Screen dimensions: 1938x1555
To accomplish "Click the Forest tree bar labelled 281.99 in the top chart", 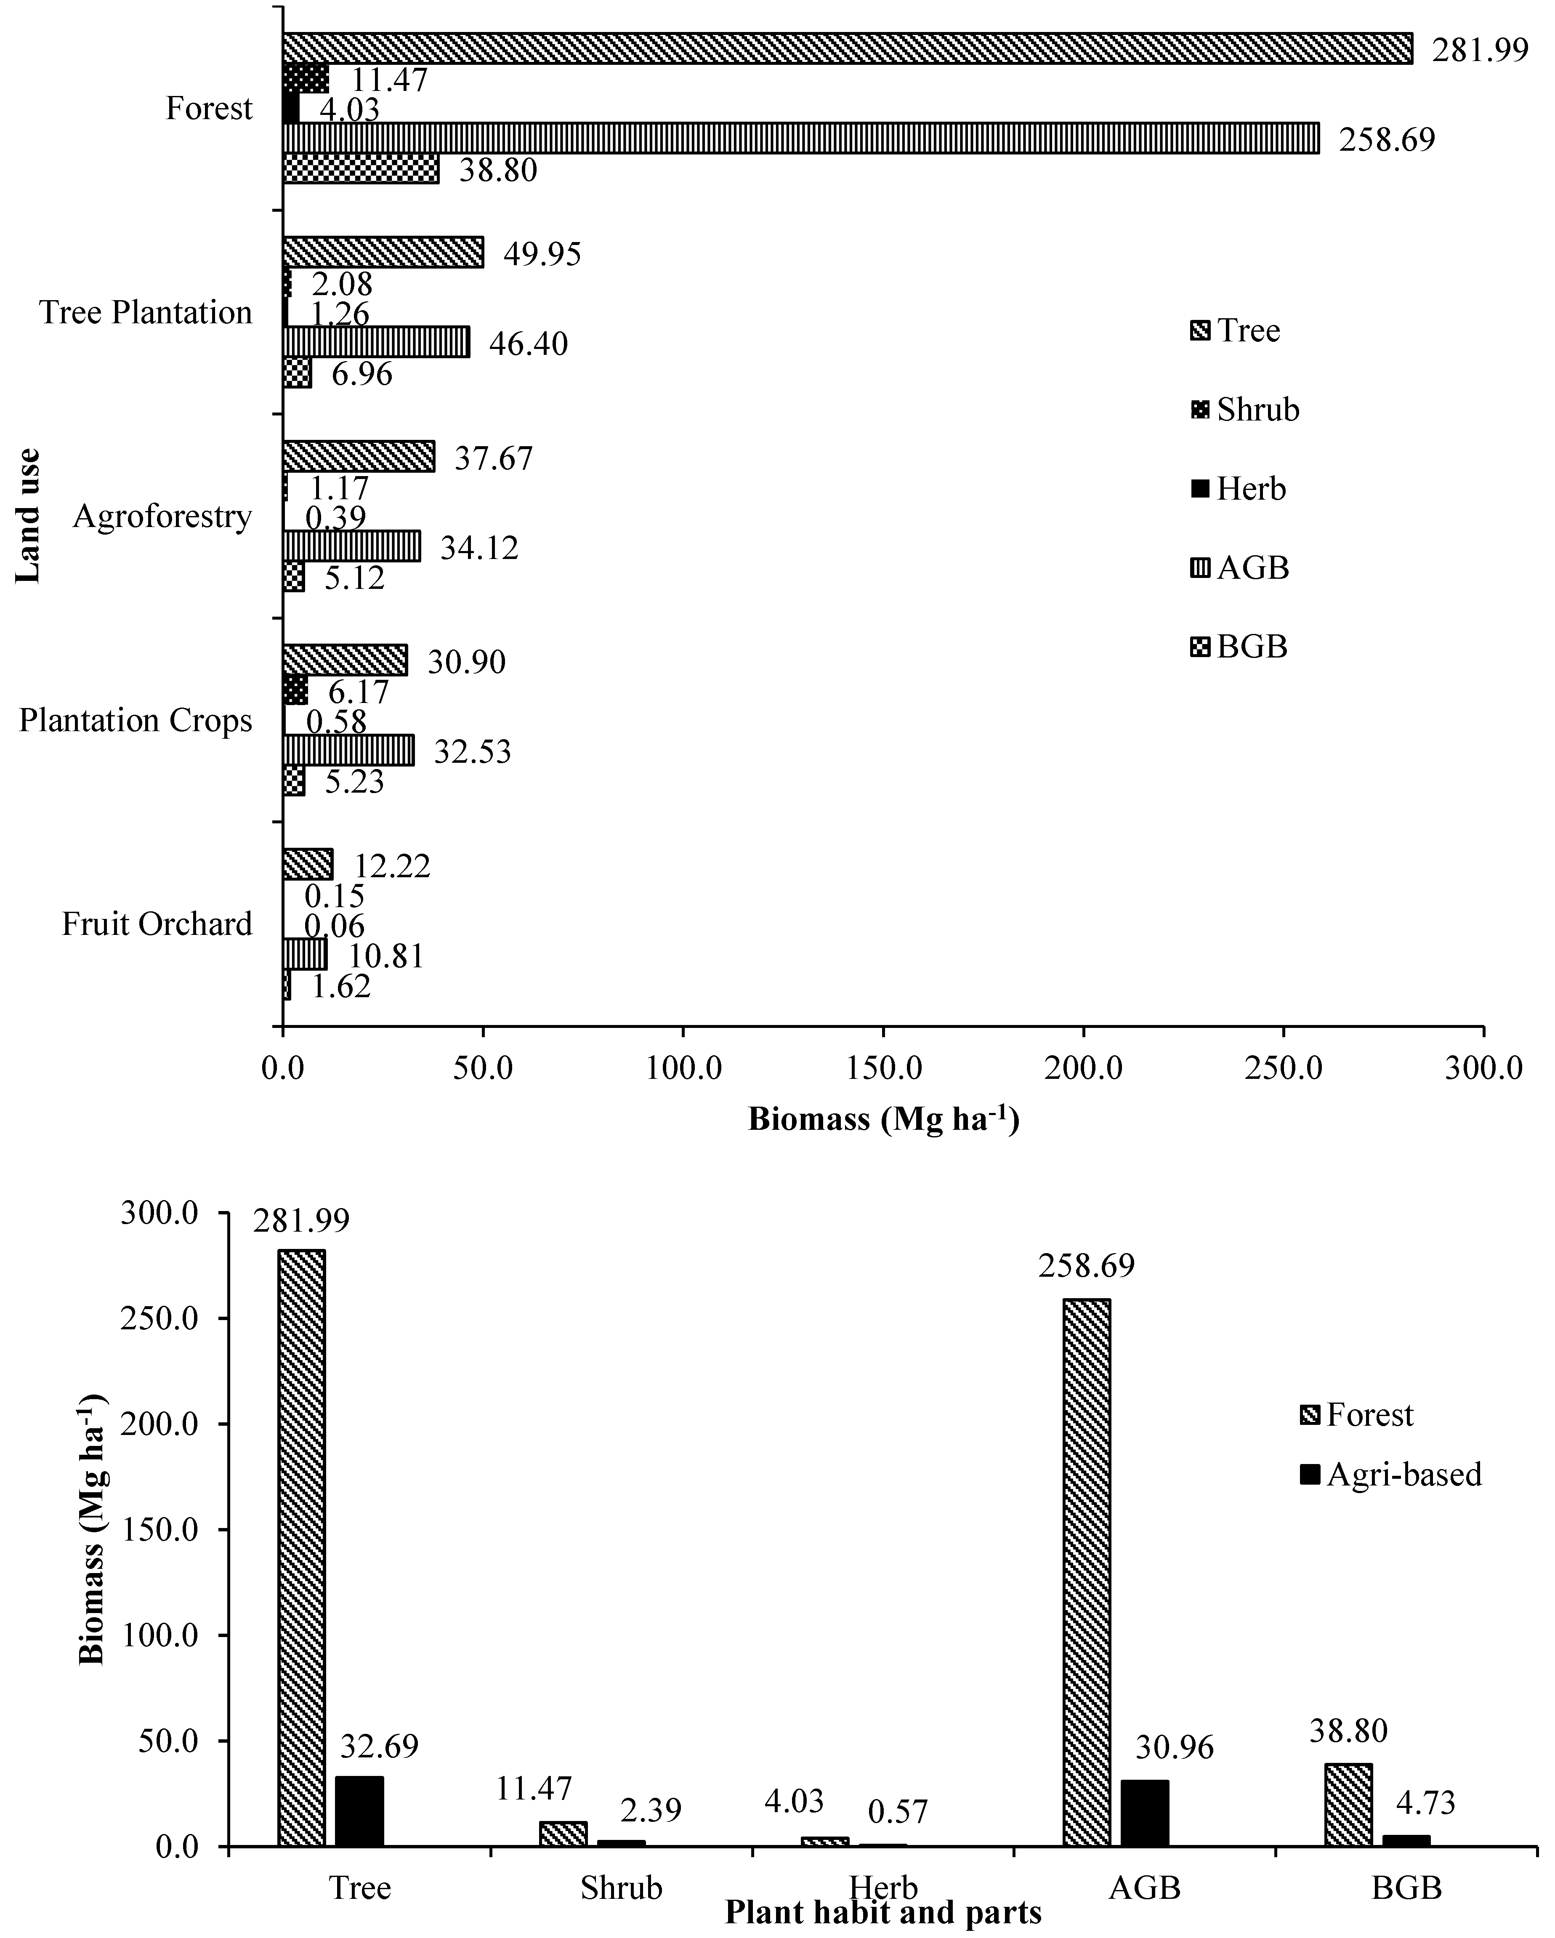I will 847,48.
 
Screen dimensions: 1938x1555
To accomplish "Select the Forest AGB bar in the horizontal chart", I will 800,138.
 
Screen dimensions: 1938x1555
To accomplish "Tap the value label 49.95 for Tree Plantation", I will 542,253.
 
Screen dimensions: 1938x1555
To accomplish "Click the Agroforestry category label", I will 163,517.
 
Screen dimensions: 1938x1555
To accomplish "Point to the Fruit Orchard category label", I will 157,924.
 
